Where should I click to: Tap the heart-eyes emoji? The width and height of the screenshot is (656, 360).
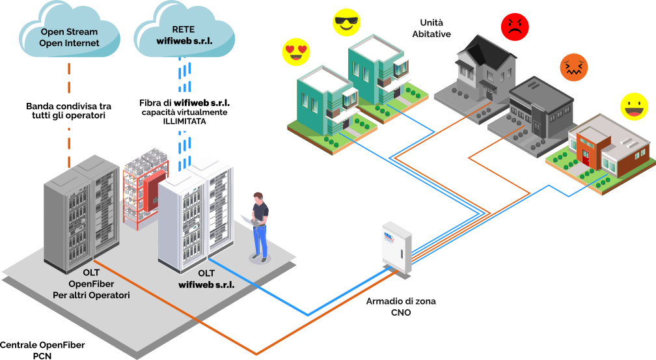pos(295,52)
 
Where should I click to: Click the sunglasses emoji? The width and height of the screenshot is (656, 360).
pos(346,23)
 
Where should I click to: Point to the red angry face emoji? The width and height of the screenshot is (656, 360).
pos(514,27)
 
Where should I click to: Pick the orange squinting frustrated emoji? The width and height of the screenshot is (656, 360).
pos(574,67)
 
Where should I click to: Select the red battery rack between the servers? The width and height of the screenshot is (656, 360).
pos(146,189)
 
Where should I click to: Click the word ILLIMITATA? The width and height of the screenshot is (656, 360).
pos(184,122)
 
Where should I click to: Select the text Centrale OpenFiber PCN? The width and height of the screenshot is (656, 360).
pos(42,350)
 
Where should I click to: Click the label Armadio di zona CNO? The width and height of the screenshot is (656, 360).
pos(401,307)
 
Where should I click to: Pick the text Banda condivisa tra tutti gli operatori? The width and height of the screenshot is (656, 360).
pos(68,111)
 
